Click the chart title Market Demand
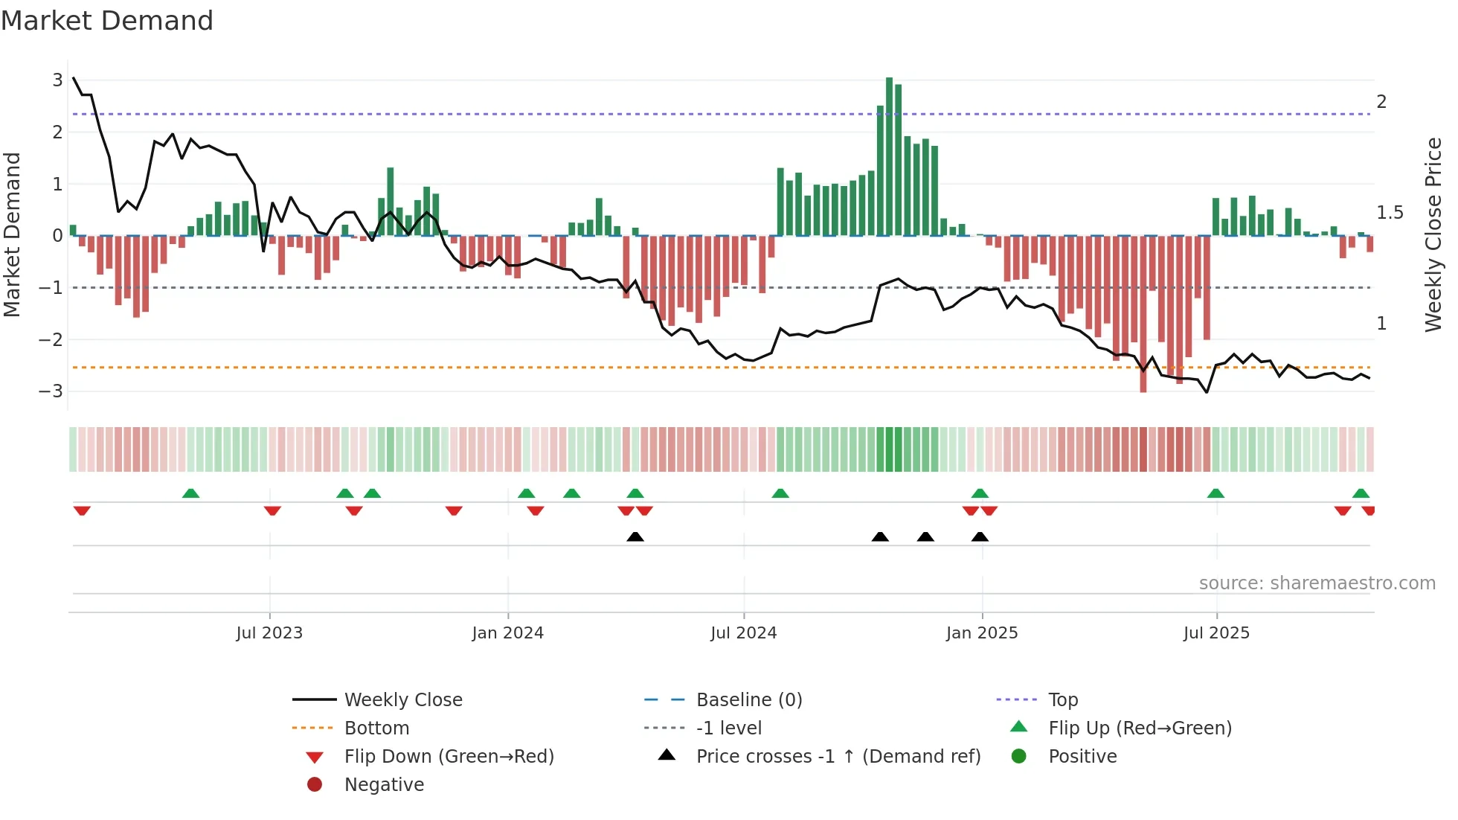point(107,21)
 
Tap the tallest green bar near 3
point(889,156)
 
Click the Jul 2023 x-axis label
point(269,633)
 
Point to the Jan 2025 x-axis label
point(982,633)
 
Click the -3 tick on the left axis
point(51,391)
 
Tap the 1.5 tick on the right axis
point(1390,213)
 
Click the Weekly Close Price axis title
point(1433,234)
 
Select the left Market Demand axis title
point(12,234)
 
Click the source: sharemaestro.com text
point(1317,583)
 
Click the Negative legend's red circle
point(315,785)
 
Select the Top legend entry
point(1062,700)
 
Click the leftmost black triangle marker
point(635,536)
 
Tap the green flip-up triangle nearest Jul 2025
point(1215,493)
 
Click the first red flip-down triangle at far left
point(82,510)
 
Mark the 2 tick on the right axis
point(1381,102)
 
